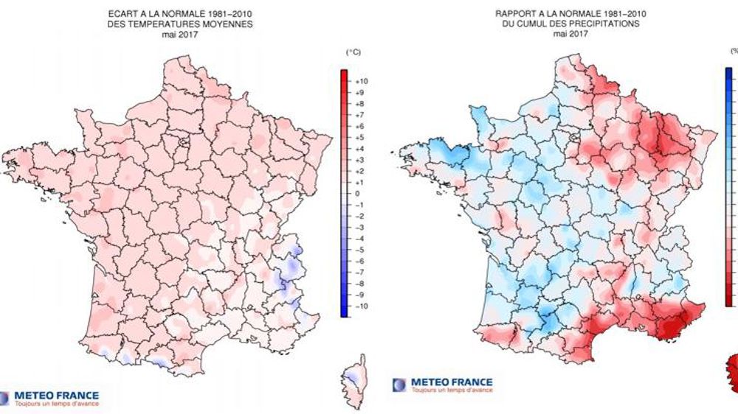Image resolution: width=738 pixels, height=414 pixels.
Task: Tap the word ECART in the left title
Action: [122, 13]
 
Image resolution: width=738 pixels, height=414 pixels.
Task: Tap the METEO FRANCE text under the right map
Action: [451, 382]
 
